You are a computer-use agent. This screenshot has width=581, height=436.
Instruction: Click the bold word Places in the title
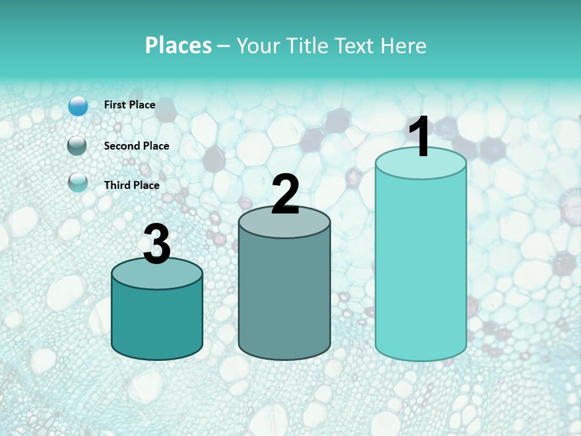[179, 45]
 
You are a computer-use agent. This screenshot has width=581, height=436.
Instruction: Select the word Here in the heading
[404, 45]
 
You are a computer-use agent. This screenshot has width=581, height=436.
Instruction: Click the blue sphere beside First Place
[78, 106]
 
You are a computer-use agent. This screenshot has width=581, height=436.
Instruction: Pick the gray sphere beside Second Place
[78, 146]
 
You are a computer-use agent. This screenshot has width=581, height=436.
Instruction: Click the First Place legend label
[130, 105]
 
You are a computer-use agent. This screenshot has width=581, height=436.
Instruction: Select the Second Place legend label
[136, 146]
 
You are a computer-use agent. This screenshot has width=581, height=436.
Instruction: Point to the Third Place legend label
[131, 185]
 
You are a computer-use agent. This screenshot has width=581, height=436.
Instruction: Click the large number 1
[420, 138]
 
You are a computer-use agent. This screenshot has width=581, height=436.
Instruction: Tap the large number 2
[285, 195]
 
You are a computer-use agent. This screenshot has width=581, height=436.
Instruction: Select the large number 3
[157, 245]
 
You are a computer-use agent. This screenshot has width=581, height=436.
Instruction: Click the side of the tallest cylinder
[421, 266]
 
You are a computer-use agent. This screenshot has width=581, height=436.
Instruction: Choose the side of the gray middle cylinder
[284, 297]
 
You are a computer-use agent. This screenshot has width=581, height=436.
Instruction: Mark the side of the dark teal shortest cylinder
[157, 324]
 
